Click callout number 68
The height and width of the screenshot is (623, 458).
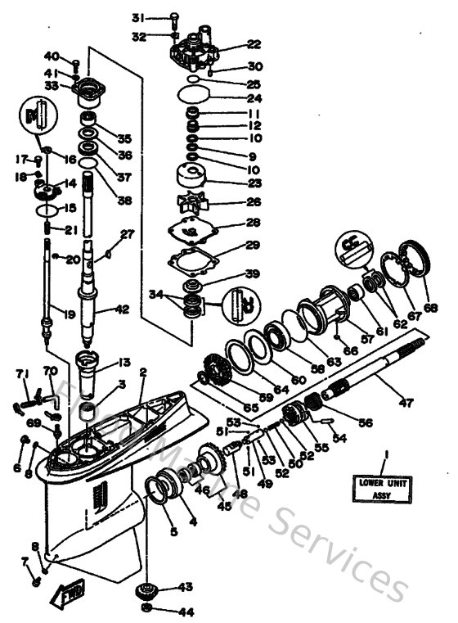pos(429,308)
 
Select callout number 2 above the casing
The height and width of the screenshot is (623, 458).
pos(142,371)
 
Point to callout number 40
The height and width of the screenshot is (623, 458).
pos(51,56)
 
